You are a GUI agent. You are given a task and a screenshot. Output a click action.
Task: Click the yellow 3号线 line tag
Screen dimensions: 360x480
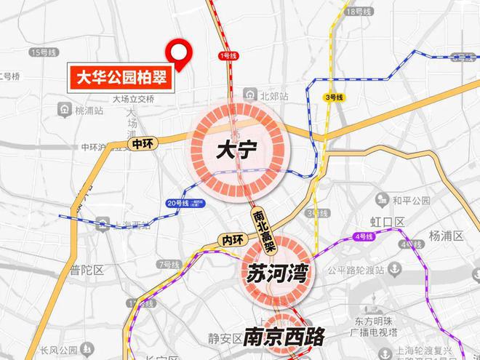tap(333, 97)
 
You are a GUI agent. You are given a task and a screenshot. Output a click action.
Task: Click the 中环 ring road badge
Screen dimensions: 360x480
tap(143, 144)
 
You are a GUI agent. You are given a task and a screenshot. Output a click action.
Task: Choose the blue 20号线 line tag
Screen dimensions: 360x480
tap(176, 203)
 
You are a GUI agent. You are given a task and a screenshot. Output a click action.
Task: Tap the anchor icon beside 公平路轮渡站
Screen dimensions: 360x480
tap(394, 270)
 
